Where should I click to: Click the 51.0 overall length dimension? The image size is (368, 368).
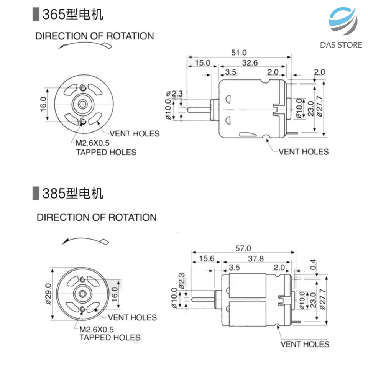pos(239,53)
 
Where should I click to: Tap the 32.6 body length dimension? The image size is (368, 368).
pos(250,63)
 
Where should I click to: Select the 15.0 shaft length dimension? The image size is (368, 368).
pos(202,63)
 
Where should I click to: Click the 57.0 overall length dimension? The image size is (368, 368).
pos(243,248)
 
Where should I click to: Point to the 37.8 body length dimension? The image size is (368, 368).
pos(256,259)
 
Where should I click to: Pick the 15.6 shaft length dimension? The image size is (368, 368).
pos(207,259)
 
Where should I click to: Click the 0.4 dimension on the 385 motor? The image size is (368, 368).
pos(313,264)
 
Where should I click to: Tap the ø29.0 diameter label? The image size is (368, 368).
pos(48,294)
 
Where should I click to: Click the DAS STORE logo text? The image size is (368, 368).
pos(341,45)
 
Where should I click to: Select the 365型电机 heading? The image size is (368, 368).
pos(72,14)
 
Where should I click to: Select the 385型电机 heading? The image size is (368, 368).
pos(72,193)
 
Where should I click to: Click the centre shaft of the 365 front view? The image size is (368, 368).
pos(83,104)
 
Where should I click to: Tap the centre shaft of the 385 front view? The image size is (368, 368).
pos(82,293)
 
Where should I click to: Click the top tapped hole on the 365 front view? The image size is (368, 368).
pos(83,88)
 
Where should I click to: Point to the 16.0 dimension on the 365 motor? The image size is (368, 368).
pos(43,104)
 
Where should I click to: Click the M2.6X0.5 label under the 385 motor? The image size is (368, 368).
pos(97,329)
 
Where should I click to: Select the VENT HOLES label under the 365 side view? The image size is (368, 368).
pos(304,152)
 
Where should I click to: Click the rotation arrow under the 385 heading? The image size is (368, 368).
pos(85,241)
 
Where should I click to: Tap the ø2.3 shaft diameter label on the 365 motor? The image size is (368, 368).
pos(174,94)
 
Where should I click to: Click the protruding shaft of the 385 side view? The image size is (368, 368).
pos(203,299)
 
